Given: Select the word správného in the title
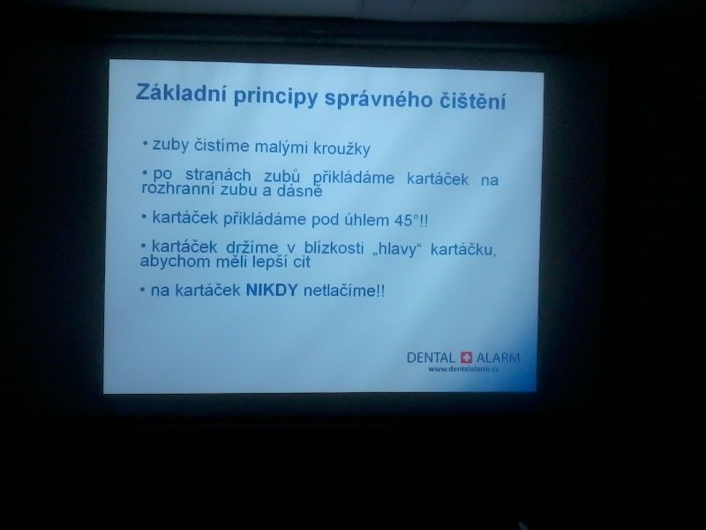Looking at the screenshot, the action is tap(379, 99).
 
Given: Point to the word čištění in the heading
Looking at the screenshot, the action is tap(472, 101).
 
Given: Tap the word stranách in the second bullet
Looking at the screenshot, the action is tap(218, 174).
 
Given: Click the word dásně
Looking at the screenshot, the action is tap(299, 191).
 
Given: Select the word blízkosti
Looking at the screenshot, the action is tap(334, 248).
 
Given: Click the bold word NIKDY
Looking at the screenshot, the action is tap(272, 290).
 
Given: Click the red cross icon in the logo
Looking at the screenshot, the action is tap(466, 358).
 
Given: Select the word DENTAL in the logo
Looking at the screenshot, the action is tap(431, 358).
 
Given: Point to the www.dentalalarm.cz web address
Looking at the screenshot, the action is tap(463, 368).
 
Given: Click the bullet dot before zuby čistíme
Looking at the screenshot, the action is tap(145, 143).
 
